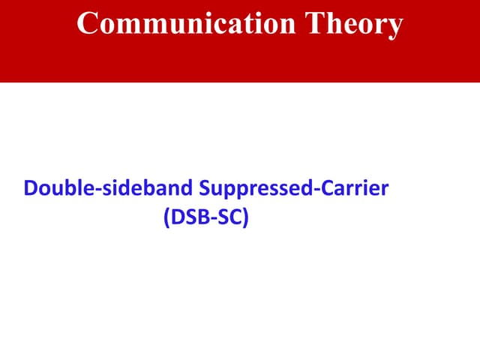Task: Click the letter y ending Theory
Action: click(x=394, y=26)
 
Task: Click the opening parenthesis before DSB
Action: click(x=166, y=220)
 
